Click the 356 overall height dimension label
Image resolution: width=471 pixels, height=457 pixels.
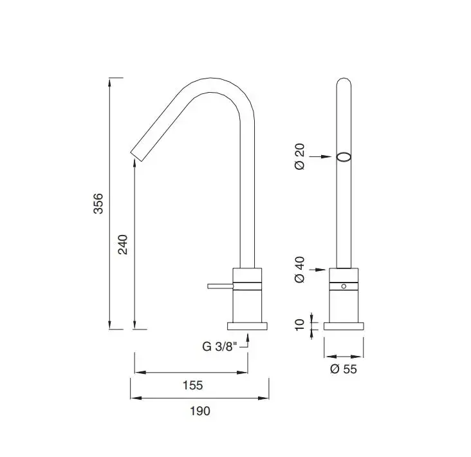click(98, 203)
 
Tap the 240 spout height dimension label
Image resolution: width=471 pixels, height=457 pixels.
click(123, 245)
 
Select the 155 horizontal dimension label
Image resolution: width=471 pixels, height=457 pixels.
click(193, 385)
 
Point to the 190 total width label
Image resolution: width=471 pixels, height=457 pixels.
click(200, 411)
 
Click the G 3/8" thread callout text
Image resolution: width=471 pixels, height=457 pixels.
click(219, 346)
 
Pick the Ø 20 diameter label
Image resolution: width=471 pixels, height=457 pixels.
click(300, 156)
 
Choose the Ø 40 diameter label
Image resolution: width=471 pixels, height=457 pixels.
click(300, 270)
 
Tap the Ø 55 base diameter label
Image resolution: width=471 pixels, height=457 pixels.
click(344, 369)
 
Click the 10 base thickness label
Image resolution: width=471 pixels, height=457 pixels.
click(300, 325)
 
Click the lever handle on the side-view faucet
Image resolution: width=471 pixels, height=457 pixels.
click(220, 286)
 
